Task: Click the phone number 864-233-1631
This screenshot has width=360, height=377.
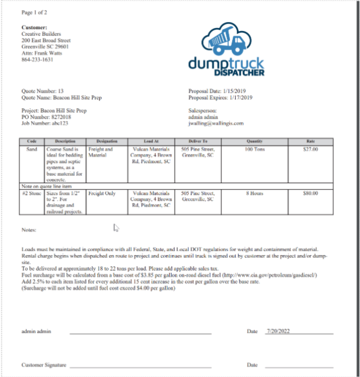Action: (37, 59)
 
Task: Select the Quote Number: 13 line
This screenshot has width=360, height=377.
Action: (43, 91)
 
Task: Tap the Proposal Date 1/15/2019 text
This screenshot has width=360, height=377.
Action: (220, 91)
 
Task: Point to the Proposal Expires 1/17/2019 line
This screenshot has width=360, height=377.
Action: (221, 98)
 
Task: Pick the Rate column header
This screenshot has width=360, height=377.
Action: (311, 141)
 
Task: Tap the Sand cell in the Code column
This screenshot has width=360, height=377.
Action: (33, 149)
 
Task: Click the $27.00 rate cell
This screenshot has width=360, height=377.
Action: (311, 149)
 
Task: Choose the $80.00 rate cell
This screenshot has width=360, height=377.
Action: (311, 193)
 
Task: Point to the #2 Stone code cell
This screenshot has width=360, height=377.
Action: (33, 193)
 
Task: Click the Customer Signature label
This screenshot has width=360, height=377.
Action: (43, 365)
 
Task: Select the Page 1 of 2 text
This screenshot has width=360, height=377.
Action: (35, 12)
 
